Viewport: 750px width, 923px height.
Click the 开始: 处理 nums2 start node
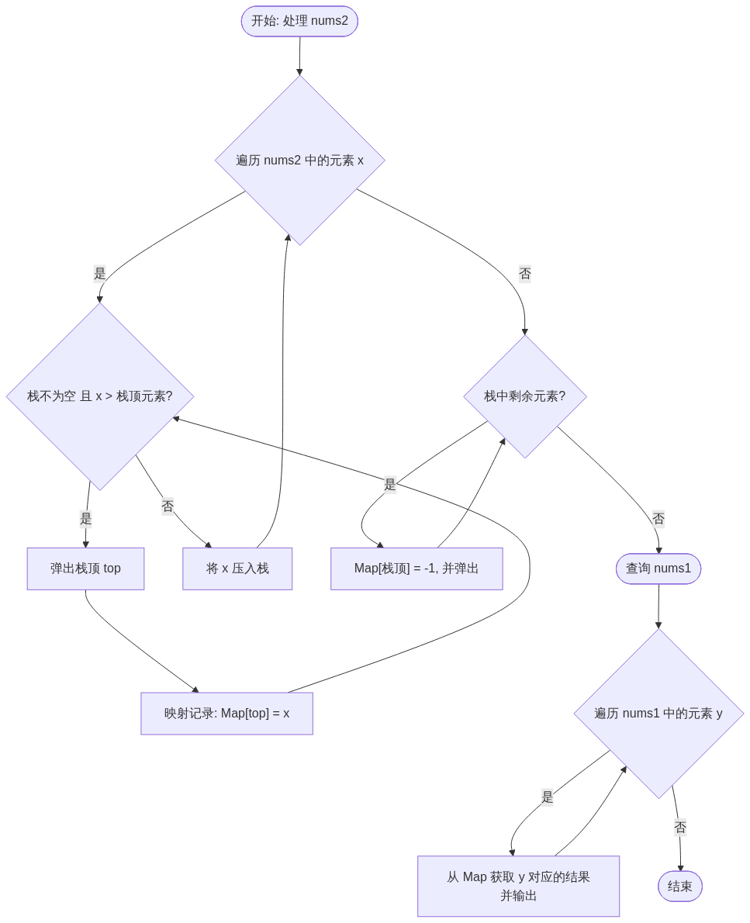[299, 21]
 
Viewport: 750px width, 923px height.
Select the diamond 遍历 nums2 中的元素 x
[299, 160]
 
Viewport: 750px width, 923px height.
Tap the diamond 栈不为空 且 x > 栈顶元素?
[99, 396]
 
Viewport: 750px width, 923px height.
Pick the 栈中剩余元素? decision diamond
[525, 396]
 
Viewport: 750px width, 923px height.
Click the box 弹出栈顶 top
[85, 569]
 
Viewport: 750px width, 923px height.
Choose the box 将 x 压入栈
[237, 569]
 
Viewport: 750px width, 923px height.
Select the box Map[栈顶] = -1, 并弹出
[416, 569]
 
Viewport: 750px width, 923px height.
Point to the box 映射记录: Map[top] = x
[226, 713]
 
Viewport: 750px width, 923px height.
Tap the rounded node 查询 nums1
[658, 569]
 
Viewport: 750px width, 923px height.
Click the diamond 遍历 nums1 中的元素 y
[658, 713]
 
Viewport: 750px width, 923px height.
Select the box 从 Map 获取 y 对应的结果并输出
[518, 886]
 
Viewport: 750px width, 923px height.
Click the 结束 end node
[680, 886]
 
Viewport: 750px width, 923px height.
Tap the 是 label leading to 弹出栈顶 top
[85, 519]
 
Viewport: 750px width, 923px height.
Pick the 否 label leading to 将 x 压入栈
[168, 506]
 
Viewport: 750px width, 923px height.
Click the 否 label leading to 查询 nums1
[658, 519]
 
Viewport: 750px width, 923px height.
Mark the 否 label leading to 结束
[680, 828]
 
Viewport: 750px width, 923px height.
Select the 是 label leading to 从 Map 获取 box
[547, 797]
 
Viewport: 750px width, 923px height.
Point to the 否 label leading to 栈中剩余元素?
[525, 274]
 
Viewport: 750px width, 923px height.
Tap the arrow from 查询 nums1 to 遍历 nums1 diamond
[658, 606]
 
